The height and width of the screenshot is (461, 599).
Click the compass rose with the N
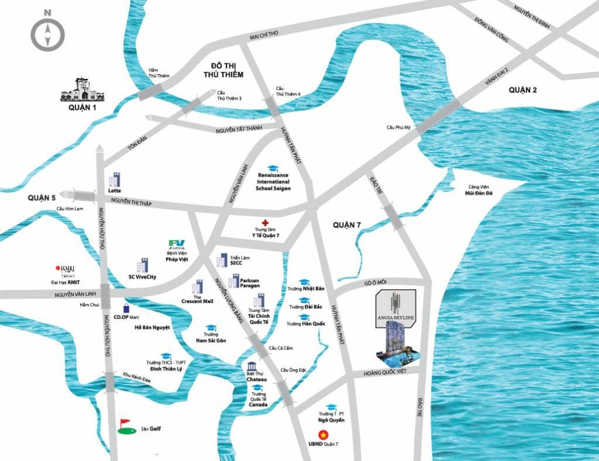pos(48,33)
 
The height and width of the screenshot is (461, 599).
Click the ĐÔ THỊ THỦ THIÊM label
pos(223,70)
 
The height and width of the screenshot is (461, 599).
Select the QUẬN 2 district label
pos(522,89)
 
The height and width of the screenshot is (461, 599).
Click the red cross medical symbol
pos(265,223)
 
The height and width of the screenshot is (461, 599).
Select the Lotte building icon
pos(114,179)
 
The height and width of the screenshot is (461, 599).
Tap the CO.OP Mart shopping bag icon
pos(126,308)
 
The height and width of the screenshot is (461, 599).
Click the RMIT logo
pos(66,269)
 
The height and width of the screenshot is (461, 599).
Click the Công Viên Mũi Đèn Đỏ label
pos(477,190)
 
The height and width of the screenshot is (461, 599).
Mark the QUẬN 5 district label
pos(41,197)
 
